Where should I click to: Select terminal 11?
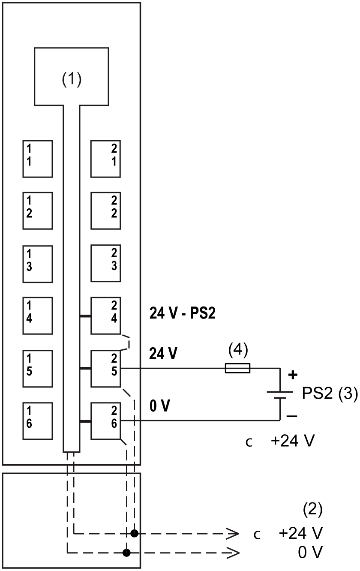pyautogui.click(x=38, y=159)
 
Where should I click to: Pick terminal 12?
pyautogui.click(x=38, y=210)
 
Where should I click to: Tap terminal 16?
pyautogui.click(x=38, y=421)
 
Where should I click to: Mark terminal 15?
pyautogui.click(x=38, y=368)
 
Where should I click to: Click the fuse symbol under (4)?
pyautogui.click(x=237, y=368)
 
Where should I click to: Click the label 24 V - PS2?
pyautogui.click(x=182, y=314)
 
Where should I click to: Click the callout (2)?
pyautogui.click(x=312, y=509)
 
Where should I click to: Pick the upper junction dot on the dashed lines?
pyautogui.click(x=135, y=533)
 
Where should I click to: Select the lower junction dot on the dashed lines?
pyautogui.click(x=126, y=553)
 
